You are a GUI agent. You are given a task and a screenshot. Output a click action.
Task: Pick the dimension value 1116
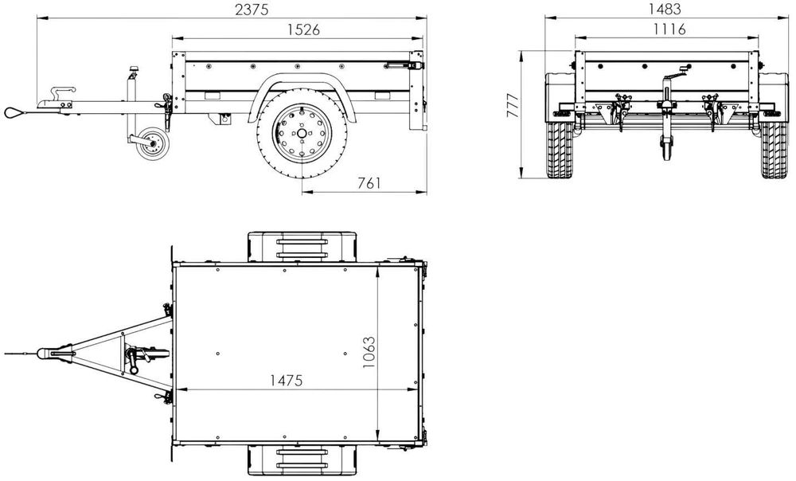pyautogui.click(x=668, y=30)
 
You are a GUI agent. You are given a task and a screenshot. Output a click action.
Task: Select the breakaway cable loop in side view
pyautogui.click(x=15, y=112)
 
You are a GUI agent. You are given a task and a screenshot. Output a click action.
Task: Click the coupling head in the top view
pyautogui.click(x=53, y=351)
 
